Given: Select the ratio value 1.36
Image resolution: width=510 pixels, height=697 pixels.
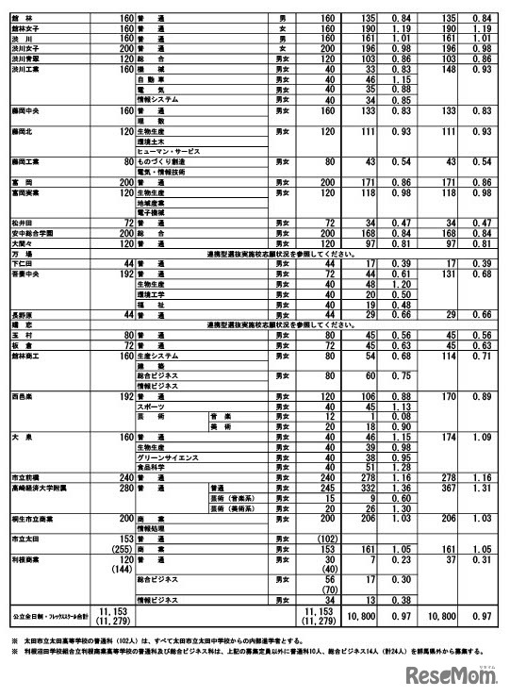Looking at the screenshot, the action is coord(405,489).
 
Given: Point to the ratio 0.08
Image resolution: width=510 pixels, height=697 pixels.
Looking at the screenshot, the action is coord(405,416).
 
